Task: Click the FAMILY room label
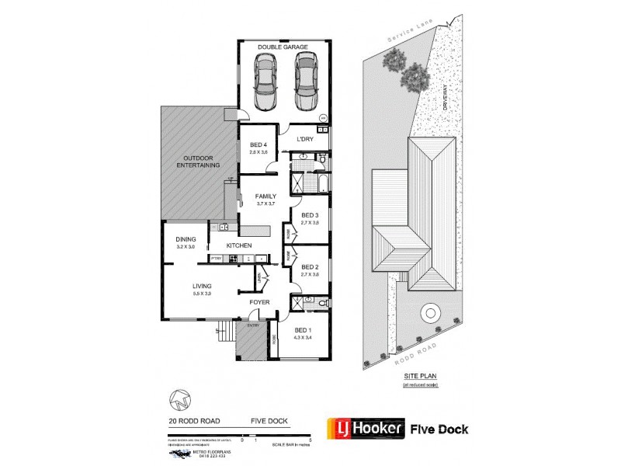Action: [x=266, y=198]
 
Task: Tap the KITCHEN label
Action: [x=239, y=245]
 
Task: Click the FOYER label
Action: [x=258, y=303]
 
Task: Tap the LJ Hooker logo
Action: [x=367, y=428]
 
